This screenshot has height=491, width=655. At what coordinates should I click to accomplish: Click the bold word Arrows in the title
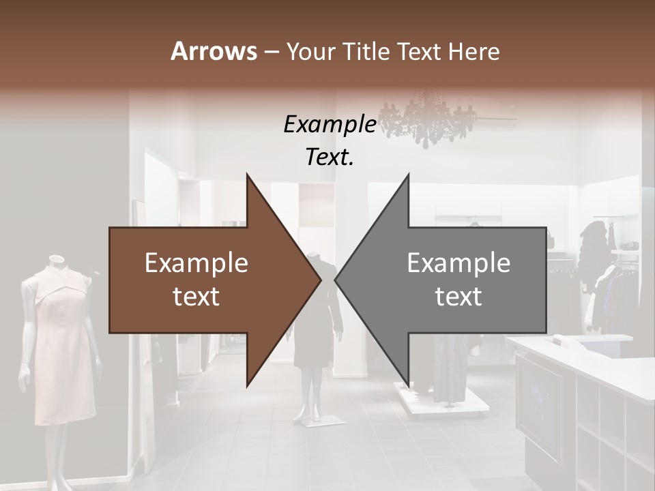[x=214, y=51]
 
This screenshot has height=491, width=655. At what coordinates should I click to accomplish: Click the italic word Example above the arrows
[x=330, y=124]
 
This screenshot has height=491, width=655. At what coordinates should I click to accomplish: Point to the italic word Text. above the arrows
[x=330, y=157]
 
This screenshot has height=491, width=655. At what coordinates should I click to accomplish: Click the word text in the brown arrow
[x=196, y=297]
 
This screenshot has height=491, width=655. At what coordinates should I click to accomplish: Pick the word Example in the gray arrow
[x=458, y=263]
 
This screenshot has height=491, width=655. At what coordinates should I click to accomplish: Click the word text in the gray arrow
[x=458, y=297]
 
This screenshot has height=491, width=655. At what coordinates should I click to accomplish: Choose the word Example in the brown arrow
[x=196, y=263]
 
